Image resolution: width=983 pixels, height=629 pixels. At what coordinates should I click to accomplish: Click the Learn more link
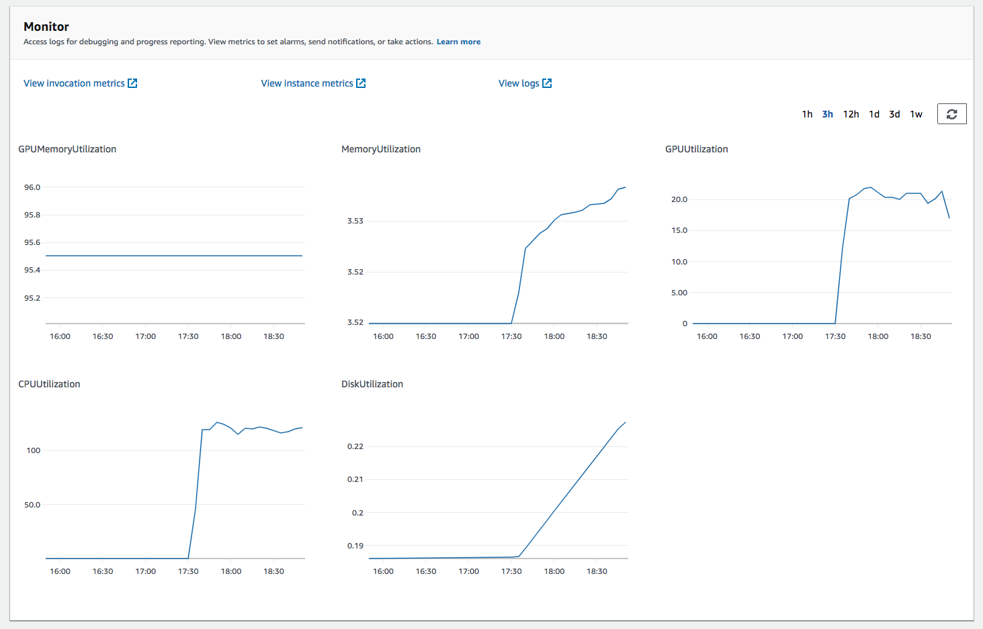(458, 42)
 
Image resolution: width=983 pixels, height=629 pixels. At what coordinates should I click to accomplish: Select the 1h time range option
(807, 114)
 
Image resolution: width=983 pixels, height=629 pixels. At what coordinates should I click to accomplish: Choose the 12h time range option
(851, 114)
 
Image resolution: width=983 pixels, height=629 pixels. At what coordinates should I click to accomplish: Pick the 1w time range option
(916, 114)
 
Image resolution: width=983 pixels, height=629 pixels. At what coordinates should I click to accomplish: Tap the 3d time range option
(894, 114)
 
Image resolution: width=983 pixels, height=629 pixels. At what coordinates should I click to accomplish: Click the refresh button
(951, 114)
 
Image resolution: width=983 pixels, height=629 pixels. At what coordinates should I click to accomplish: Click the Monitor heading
(46, 27)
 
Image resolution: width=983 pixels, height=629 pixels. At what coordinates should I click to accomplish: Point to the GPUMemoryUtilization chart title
(67, 149)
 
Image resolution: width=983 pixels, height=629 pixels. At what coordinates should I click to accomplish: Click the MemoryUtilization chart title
(381, 149)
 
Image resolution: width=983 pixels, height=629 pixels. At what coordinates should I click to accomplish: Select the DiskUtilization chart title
(372, 384)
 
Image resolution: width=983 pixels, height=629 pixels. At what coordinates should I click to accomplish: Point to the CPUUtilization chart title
(49, 384)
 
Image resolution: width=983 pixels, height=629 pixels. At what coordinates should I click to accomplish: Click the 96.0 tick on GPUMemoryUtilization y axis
(32, 187)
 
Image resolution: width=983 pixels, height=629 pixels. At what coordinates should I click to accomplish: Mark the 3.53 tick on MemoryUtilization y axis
(355, 221)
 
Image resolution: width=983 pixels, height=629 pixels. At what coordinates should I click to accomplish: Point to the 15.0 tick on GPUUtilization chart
(679, 230)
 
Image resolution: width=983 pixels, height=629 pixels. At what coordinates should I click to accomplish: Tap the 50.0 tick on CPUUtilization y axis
(32, 505)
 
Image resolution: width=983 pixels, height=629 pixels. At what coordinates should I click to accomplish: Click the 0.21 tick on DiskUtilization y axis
(355, 479)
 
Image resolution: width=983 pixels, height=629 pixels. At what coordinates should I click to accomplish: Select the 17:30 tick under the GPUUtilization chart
(835, 336)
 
